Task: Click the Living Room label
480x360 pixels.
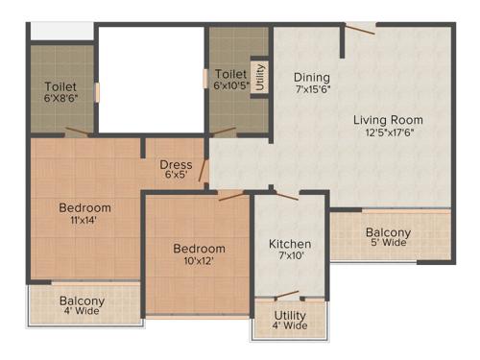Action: pos(388,120)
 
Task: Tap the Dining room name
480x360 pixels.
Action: pos(312,78)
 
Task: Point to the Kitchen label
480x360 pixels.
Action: pos(289,244)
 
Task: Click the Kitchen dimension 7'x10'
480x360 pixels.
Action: pos(289,257)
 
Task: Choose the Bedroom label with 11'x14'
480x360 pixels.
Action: pos(84,207)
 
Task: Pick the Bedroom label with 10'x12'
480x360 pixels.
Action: pos(200,248)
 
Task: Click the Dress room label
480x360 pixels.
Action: pos(176,164)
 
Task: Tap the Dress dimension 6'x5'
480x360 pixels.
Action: pos(176,176)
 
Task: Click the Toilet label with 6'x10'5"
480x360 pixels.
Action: pos(231,74)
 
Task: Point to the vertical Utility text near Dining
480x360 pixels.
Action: pos(259,76)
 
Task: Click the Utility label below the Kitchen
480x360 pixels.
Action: pos(290,315)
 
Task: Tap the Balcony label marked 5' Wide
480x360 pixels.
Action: pos(388,232)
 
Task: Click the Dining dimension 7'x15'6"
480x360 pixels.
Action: pos(312,90)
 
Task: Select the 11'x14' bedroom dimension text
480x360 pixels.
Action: pos(84,220)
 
